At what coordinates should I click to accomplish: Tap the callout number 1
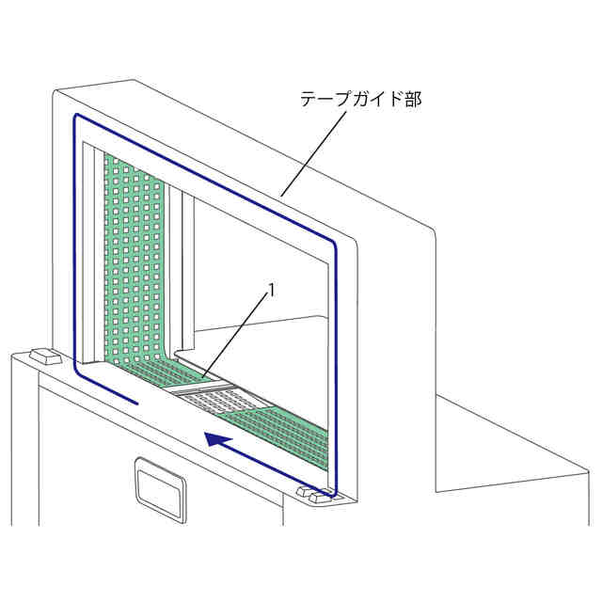(x=273, y=292)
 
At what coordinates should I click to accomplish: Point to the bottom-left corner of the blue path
(x=77, y=372)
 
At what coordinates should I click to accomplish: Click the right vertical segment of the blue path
(x=334, y=367)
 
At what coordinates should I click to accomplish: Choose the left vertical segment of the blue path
(x=73, y=245)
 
